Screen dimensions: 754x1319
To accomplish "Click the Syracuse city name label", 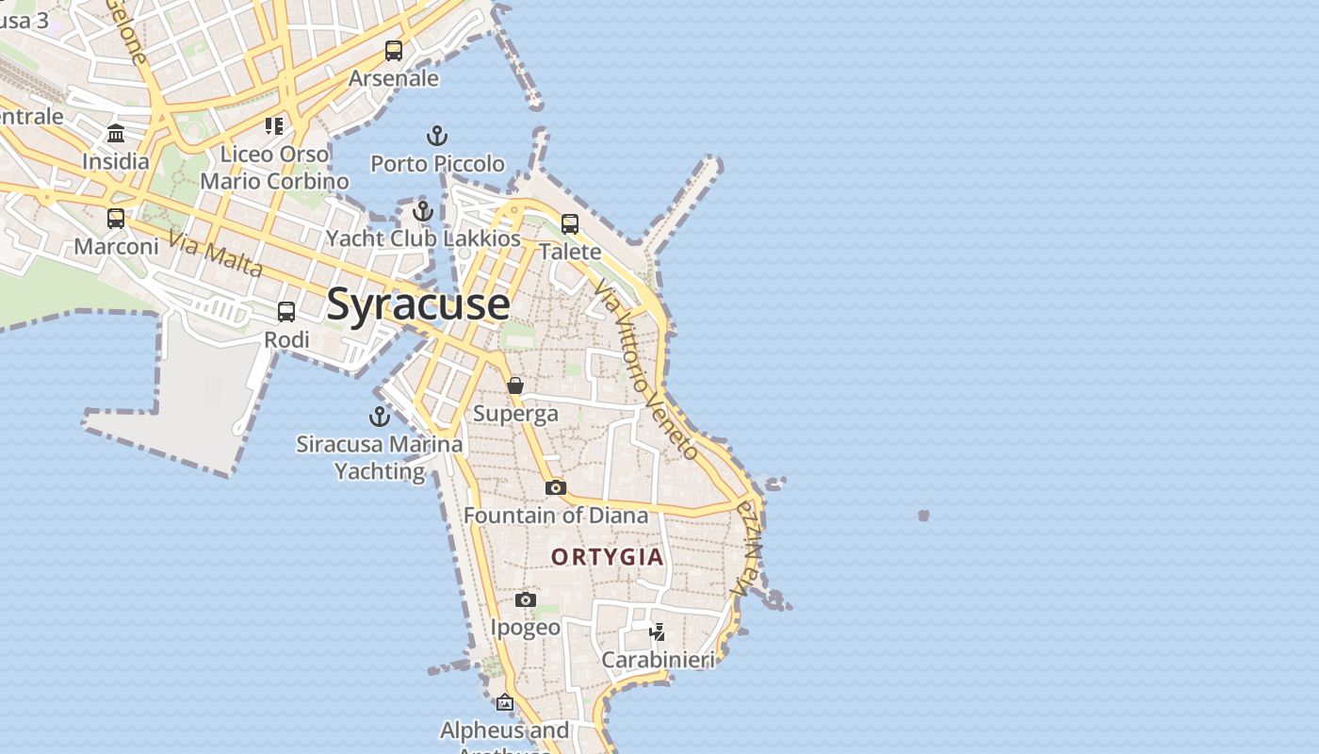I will coord(418,304).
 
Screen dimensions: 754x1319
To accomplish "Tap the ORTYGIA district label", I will coord(608,557).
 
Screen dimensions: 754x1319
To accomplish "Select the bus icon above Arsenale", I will coord(394,51).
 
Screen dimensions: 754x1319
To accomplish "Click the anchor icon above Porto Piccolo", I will coord(436,137).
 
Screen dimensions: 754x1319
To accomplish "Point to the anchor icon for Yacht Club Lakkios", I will coord(423,211).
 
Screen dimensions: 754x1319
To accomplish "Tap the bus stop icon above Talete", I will coord(570,224).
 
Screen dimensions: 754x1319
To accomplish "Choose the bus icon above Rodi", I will coord(286,312).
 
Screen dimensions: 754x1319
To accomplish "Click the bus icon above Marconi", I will coord(116,219).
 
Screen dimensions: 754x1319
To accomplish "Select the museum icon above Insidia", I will coord(116,133).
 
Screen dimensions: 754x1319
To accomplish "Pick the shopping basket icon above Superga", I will coord(515,385).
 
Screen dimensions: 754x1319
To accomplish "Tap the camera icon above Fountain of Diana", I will coord(556,487).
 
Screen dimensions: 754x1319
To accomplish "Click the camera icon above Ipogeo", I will coord(526,599).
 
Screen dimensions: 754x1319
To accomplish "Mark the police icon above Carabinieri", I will coord(658,631).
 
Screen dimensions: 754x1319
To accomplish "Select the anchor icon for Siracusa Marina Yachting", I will coord(380,417).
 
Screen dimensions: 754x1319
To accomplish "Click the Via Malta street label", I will coord(216,254).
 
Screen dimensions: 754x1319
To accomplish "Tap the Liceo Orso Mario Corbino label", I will coord(274,167).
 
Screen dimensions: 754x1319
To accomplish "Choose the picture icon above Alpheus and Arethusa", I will coord(505,702).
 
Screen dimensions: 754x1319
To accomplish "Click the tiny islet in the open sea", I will coord(923,516).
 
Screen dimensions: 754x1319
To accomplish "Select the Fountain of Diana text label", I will coord(556,516).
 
